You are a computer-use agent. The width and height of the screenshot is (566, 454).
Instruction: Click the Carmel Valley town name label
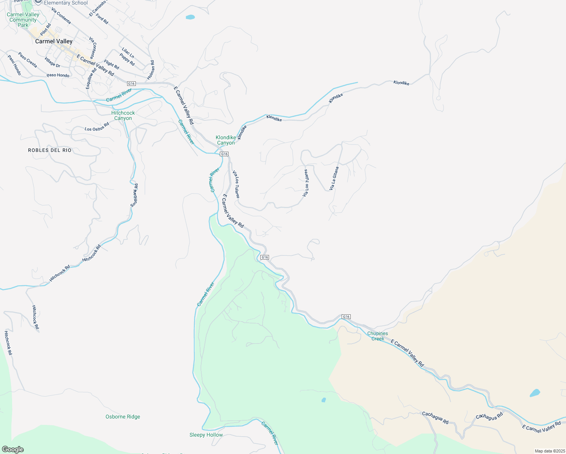point(54,41)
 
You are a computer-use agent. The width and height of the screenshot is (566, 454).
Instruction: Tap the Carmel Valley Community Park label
point(23,20)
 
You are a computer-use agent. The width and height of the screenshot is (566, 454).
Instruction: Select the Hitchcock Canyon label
point(123,115)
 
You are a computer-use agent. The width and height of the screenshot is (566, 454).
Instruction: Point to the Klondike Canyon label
point(226,140)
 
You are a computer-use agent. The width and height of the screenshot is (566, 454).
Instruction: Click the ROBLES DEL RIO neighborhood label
point(50,150)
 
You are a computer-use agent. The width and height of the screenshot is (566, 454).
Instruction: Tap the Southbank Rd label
point(134,195)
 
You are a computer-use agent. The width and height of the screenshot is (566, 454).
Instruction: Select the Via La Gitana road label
point(334,178)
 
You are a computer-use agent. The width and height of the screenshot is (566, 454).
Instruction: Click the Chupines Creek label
point(378,336)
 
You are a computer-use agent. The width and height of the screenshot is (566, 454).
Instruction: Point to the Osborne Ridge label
point(123,417)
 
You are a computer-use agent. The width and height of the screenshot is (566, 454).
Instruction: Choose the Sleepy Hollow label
point(206,435)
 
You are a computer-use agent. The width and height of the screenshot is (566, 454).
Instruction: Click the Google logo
point(12,449)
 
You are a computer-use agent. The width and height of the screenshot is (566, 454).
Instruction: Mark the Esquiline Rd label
point(91,78)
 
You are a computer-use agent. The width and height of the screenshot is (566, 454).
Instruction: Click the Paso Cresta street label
point(28,60)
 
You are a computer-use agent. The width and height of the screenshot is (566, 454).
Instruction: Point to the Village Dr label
point(52,62)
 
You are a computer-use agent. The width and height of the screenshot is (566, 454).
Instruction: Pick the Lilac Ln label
point(128,53)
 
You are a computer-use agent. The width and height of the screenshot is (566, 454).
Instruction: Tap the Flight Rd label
point(112,65)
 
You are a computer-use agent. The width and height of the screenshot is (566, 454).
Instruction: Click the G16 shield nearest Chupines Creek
point(346,316)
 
